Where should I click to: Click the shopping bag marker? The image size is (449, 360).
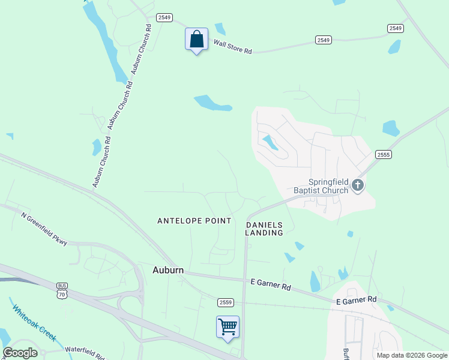pyautogui.click(x=196, y=40)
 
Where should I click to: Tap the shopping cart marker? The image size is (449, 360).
pyautogui.click(x=228, y=327)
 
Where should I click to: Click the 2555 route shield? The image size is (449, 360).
pyautogui.click(x=384, y=155)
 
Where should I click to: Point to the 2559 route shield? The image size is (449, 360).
pyautogui.click(x=225, y=302)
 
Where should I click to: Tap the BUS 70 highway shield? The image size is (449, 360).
pyautogui.click(x=62, y=291)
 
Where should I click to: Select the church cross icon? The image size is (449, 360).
pyautogui.click(x=358, y=185)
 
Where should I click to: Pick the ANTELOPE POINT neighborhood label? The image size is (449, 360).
pyautogui.click(x=194, y=221)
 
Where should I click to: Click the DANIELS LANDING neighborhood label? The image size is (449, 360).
pyautogui.click(x=264, y=229)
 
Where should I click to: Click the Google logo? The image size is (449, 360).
pyautogui.click(x=20, y=353)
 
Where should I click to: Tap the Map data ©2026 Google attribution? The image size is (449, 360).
pyautogui.click(x=412, y=355)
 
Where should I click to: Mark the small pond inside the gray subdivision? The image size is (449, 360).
pyautogui.click(x=270, y=142)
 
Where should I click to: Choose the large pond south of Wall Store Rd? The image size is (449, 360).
pyautogui.click(x=212, y=103)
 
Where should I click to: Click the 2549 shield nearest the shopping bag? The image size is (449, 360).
pyautogui.click(x=164, y=17)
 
